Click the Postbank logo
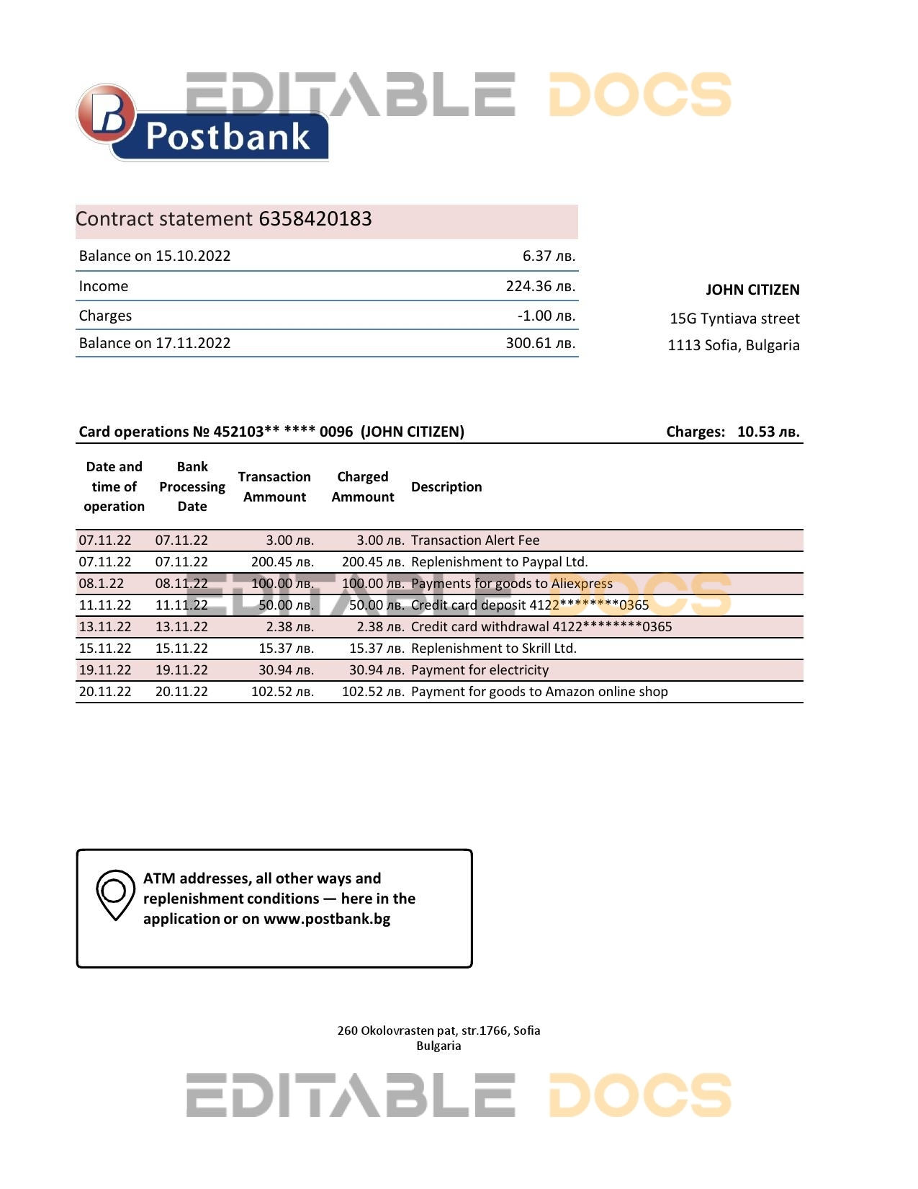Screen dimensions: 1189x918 [202, 123]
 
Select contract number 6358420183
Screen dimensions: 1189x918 [315, 219]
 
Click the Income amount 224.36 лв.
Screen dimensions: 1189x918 [540, 286]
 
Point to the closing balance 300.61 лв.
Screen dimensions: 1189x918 [540, 343]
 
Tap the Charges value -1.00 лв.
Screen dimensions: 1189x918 [546, 316]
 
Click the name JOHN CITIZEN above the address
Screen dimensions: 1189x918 [752, 290]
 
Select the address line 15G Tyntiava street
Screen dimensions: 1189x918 [734, 319]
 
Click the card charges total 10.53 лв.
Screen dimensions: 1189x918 [768, 432]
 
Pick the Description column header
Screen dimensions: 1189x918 [446, 487]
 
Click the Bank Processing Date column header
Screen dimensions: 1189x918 [192, 486]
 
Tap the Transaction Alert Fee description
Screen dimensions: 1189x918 [475, 540]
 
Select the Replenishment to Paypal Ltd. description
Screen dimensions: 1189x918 [499, 562]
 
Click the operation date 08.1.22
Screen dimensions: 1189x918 [102, 584]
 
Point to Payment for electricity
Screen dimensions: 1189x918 [480, 670]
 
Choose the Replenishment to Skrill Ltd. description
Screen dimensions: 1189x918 [493, 649]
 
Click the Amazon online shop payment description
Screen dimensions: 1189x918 [539, 692]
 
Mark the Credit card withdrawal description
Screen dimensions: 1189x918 [541, 627]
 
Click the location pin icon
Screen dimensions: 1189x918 [115, 894]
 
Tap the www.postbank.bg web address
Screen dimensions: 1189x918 [327, 919]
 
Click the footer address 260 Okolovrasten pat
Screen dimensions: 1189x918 [438, 1030]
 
